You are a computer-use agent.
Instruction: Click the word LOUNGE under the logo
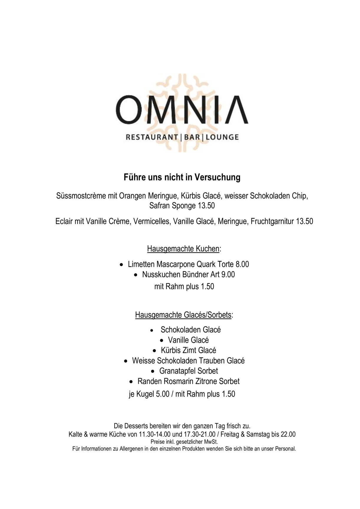click(x=222, y=137)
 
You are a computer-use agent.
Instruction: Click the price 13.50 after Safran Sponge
click(x=206, y=206)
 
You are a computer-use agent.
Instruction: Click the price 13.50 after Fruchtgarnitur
click(x=304, y=221)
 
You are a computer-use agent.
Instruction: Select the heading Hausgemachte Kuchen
click(x=183, y=249)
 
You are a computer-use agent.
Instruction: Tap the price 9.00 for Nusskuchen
click(x=228, y=275)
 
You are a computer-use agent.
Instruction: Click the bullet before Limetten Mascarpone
click(x=121, y=265)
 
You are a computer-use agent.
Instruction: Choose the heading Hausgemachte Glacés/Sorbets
click(x=183, y=315)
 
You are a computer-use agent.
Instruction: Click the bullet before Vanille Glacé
click(x=161, y=341)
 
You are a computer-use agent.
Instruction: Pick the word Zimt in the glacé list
click(x=188, y=350)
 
